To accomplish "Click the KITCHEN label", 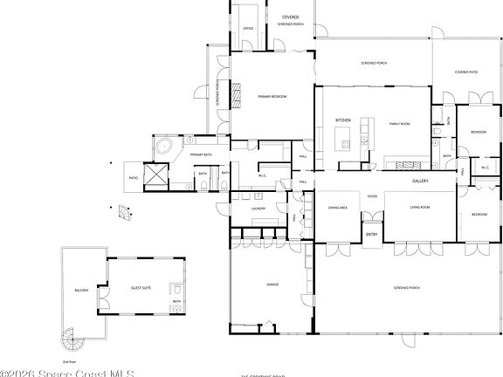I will [343, 120].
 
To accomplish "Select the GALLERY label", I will [421, 180].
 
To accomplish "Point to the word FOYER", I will [372, 196].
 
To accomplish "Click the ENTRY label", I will [371, 234].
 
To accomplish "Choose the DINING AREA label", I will [338, 208].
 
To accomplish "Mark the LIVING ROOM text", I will [420, 208].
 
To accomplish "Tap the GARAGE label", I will [272, 284].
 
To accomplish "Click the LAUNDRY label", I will [258, 209].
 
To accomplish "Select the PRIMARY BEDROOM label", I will [272, 95].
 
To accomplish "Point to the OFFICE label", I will [247, 28].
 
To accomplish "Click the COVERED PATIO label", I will [466, 72].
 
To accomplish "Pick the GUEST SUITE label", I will [141, 287].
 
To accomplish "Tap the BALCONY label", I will [81, 289].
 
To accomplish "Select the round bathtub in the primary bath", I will [162, 146].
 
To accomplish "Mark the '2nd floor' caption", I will [70, 360].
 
